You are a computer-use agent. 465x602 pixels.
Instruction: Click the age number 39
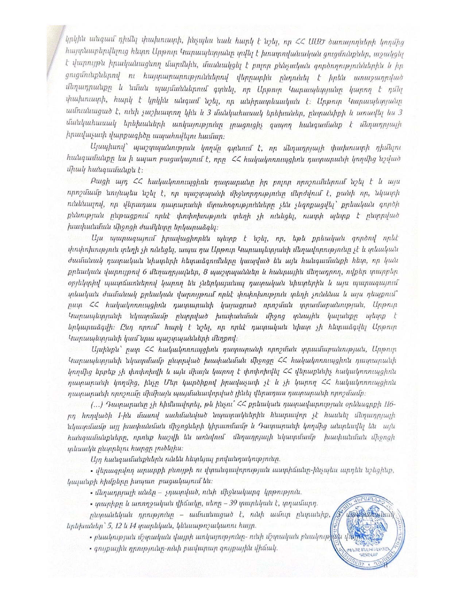230,503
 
